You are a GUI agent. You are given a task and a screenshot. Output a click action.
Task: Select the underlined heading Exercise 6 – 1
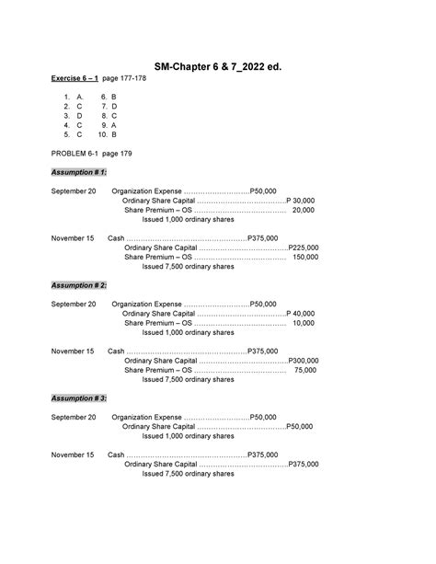tap(79, 79)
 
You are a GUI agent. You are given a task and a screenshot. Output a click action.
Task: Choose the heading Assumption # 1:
tap(79, 172)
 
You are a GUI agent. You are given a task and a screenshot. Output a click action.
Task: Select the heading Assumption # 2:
tap(79, 285)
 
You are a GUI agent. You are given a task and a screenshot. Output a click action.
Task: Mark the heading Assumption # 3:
tap(79, 397)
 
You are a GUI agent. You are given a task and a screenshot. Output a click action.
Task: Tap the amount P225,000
tap(304, 247)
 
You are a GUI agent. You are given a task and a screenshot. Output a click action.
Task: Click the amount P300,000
tap(304, 361)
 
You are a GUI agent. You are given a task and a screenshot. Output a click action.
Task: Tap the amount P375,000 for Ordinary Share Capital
tap(304, 465)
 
